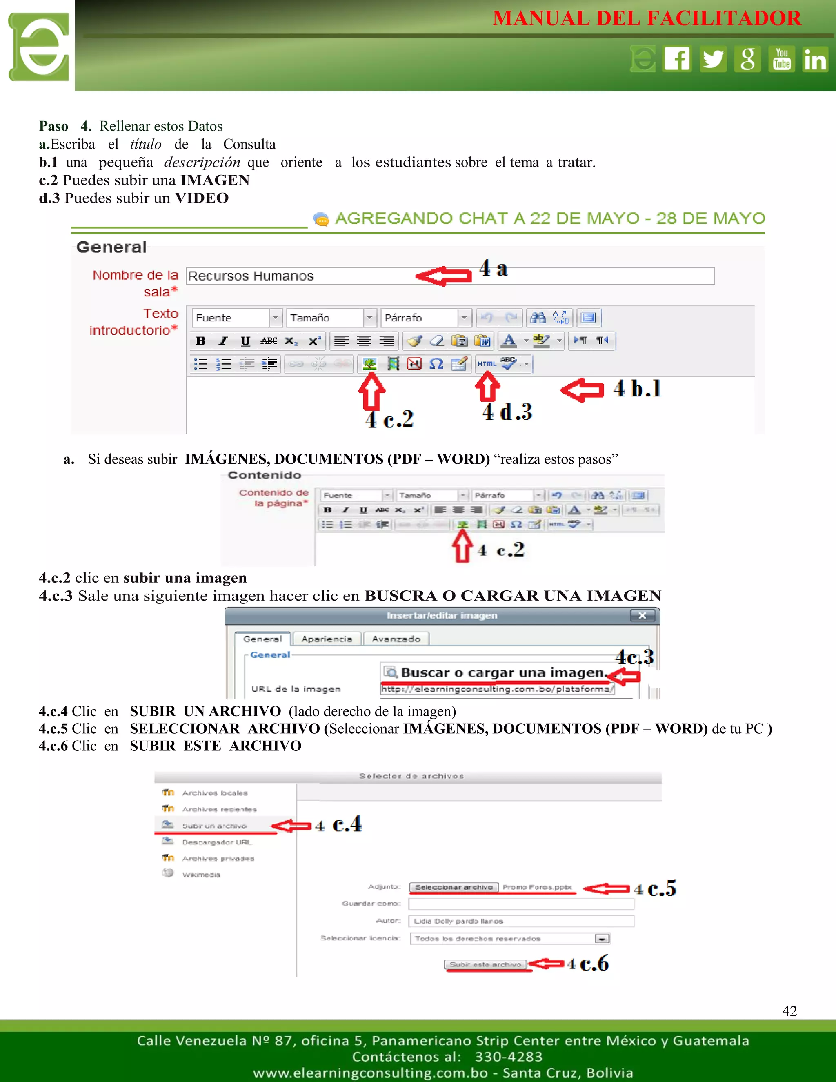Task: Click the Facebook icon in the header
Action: pos(677,59)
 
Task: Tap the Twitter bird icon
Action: pos(713,59)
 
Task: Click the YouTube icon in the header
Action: pos(782,59)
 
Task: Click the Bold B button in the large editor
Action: pos(200,341)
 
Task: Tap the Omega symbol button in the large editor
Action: pos(436,364)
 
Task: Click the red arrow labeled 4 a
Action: pos(444,276)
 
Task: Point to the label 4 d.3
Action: pos(507,412)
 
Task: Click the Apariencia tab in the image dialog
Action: pos(327,639)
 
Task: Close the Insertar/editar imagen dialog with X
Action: pos(643,615)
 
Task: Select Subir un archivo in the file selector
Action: pos(214,826)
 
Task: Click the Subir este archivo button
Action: pos(485,964)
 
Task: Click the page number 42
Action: pos(789,1011)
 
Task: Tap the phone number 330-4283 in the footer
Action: pos(508,1057)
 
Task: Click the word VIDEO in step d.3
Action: pos(202,198)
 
